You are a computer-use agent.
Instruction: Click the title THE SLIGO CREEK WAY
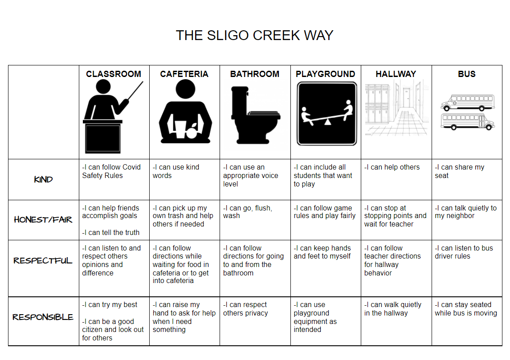(x=255, y=36)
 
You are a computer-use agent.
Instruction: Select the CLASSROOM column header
(x=114, y=74)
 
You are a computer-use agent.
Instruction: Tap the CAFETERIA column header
(x=184, y=74)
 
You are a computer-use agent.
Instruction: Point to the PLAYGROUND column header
(x=325, y=74)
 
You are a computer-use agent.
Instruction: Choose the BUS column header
(x=467, y=74)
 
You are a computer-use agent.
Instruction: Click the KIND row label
(x=43, y=179)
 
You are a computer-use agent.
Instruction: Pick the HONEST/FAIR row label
(x=43, y=220)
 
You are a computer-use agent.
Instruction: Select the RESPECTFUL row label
(x=43, y=261)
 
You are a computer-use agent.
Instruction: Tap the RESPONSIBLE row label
(x=43, y=317)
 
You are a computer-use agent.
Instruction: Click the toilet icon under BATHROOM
(x=255, y=115)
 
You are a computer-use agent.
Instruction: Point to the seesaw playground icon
(x=327, y=114)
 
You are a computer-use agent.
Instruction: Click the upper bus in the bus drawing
(x=468, y=102)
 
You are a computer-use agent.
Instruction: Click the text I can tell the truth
(x=111, y=233)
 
